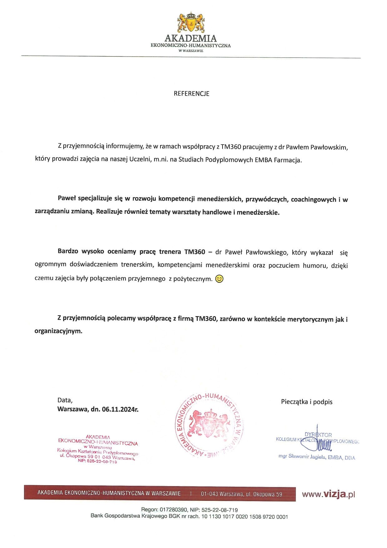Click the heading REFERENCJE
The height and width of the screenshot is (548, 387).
tap(191, 93)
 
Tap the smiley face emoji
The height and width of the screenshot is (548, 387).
tap(220, 279)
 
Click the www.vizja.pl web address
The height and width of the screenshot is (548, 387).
tap(328, 494)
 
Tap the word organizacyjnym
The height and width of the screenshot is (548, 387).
tap(58, 331)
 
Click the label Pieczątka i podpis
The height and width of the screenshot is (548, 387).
tap(306, 402)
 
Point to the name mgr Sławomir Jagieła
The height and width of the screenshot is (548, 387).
tap(302, 457)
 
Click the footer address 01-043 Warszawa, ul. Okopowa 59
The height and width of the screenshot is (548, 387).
tap(241, 494)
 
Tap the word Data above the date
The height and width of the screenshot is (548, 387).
tap(65, 400)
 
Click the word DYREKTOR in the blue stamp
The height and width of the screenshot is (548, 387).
tap(318, 435)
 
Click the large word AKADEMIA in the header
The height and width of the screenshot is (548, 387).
tap(190, 38)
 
